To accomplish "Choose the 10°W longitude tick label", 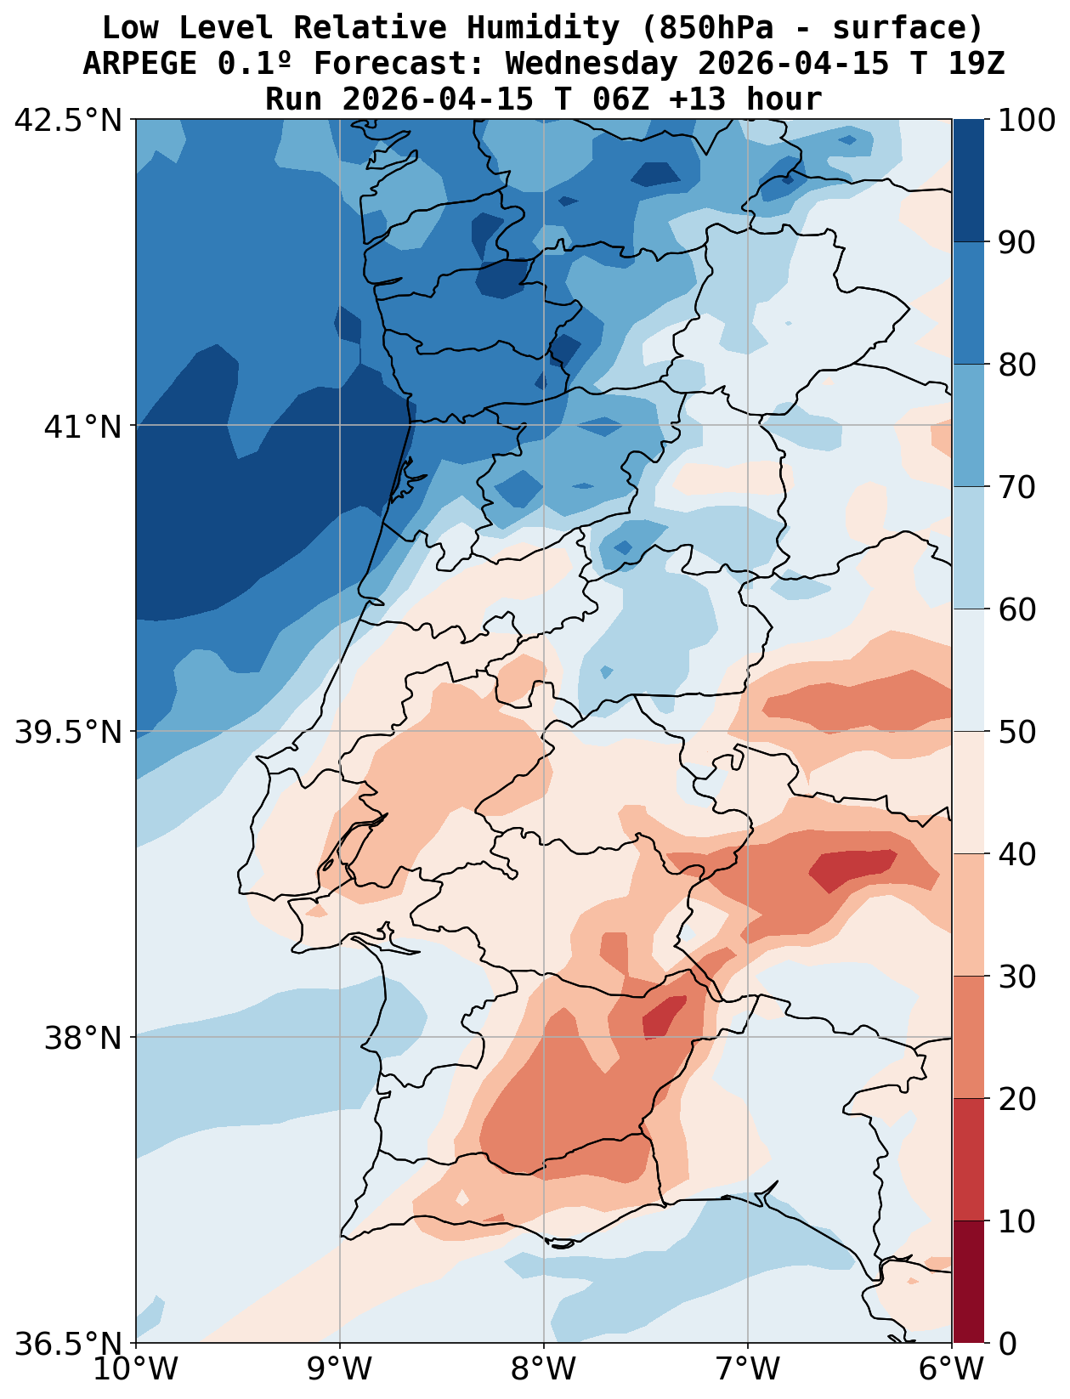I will pos(136,1370).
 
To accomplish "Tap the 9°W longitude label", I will pos(340,1370).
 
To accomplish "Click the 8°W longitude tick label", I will pos(544,1370).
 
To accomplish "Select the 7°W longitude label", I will pos(748,1370).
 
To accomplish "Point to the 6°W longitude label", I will pos(952,1370).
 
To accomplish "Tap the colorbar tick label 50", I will pos(1017,732).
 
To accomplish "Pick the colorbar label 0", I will pos(1007,1344).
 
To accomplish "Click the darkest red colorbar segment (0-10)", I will pos(968,1282).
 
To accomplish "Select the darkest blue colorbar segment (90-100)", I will pos(968,180).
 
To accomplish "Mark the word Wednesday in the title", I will pos(592,64).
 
